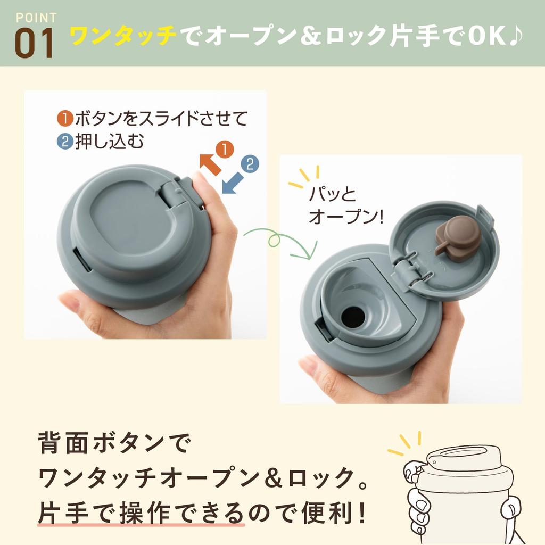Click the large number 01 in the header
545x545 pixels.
[x=35, y=43]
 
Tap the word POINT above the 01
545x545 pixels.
[x=36, y=18]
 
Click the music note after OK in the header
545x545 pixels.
[x=515, y=35]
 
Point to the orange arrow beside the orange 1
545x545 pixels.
[x=211, y=164]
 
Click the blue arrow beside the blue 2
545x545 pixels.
[x=233, y=183]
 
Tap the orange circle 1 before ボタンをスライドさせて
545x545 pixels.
[x=65, y=119]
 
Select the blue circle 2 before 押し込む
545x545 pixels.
[x=65, y=142]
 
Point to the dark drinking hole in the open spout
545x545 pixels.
[x=353, y=318]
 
